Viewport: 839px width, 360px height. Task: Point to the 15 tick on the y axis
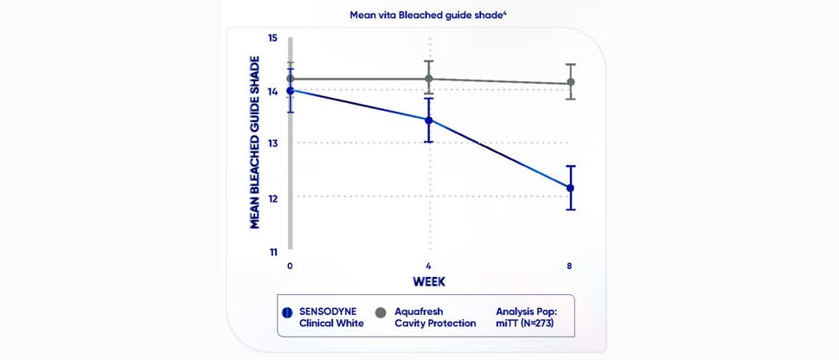click(x=272, y=38)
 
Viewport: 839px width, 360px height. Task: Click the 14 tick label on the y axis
click(x=272, y=91)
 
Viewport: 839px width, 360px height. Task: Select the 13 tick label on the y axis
click(x=272, y=144)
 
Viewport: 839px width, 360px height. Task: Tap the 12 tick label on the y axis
click(x=272, y=198)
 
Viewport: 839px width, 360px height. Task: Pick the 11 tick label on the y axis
click(x=272, y=253)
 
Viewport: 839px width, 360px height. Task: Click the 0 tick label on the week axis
click(x=291, y=266)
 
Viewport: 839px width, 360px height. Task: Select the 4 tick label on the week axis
click(x=428, y=266)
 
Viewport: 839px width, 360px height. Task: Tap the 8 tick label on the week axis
click(x=569, y=266)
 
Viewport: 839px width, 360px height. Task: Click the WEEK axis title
click(x=428, y=281)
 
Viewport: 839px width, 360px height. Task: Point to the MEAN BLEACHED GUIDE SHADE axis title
click(x=255, y=143)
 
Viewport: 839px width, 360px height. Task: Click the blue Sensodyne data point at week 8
click(x=570, y=188)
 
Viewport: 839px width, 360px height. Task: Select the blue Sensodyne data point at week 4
click(x=428, y=120)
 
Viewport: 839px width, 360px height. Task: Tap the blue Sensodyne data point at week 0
click(x=291, y=90)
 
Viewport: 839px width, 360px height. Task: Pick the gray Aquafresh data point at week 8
click(x=570, y=82)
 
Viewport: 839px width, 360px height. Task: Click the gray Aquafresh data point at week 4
click(x=428, y=79)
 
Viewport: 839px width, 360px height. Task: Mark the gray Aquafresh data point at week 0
click(x=291, y=79)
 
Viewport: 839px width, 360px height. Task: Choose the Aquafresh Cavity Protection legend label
click(x=435, y=317)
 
